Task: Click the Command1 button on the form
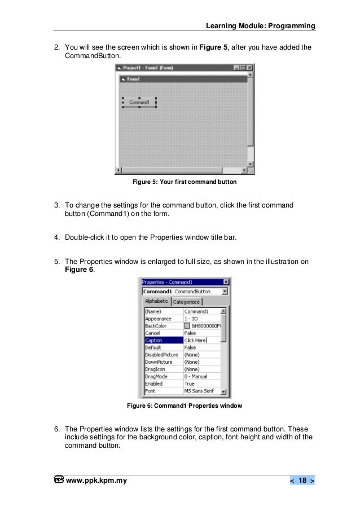pyautogui.click(x=139, y=102)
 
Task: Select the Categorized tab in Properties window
pyautogui.click(x=186, y=302)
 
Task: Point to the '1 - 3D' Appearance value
pyautogui.click(x=196, y=318)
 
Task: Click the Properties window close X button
pyautogui.click(x=226, y=282)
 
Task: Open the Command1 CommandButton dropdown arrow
pyautogui.click(x=225, y=292)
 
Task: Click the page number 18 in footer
pyautogui.click(x=302, y=480)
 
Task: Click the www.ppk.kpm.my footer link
pyautogui.click(x=96, y=480)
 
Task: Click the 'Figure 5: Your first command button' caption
pyautogui.click(x=184, y=183)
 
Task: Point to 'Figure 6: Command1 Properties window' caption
pyautogui.click(x=184, y=405)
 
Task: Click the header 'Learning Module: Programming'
pyautogui.click(x=261, y=26)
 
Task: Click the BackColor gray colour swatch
pyautogui.click(x=187, y=325)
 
